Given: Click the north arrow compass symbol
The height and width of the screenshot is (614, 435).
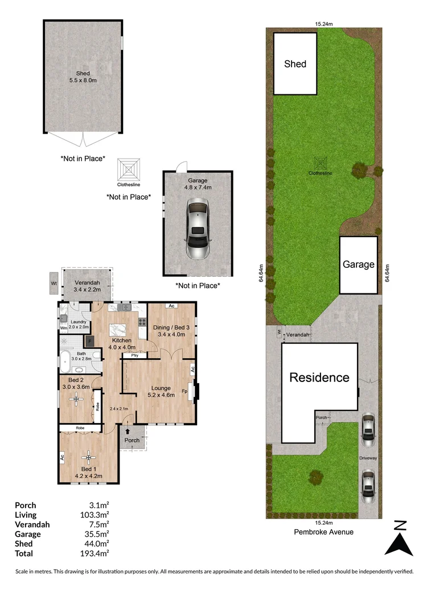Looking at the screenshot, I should (x=399, y=538).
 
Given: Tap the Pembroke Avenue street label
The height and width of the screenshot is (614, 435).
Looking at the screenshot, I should (x=323, y=532).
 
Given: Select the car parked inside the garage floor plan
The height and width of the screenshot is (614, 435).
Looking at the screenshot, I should (x=198, y=230).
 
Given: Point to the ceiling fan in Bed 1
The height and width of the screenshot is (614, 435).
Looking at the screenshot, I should (x=89, y=455).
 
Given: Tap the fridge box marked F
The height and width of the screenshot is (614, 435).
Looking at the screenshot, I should (x=89, y=341).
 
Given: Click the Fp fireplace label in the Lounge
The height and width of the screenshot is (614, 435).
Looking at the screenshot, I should (x=184, y=392).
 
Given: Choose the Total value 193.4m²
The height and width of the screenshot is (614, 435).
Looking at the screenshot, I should (x=96, y=553).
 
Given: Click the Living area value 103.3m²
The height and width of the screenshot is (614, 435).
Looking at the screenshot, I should (x=96, y=515).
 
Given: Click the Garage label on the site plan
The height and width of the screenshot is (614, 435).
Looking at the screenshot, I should (x=358, y=264).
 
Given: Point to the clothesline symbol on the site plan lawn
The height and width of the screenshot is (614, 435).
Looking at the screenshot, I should (x=321, y=163).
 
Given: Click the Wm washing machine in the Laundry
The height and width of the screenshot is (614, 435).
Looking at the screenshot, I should (x=64, y=328).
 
